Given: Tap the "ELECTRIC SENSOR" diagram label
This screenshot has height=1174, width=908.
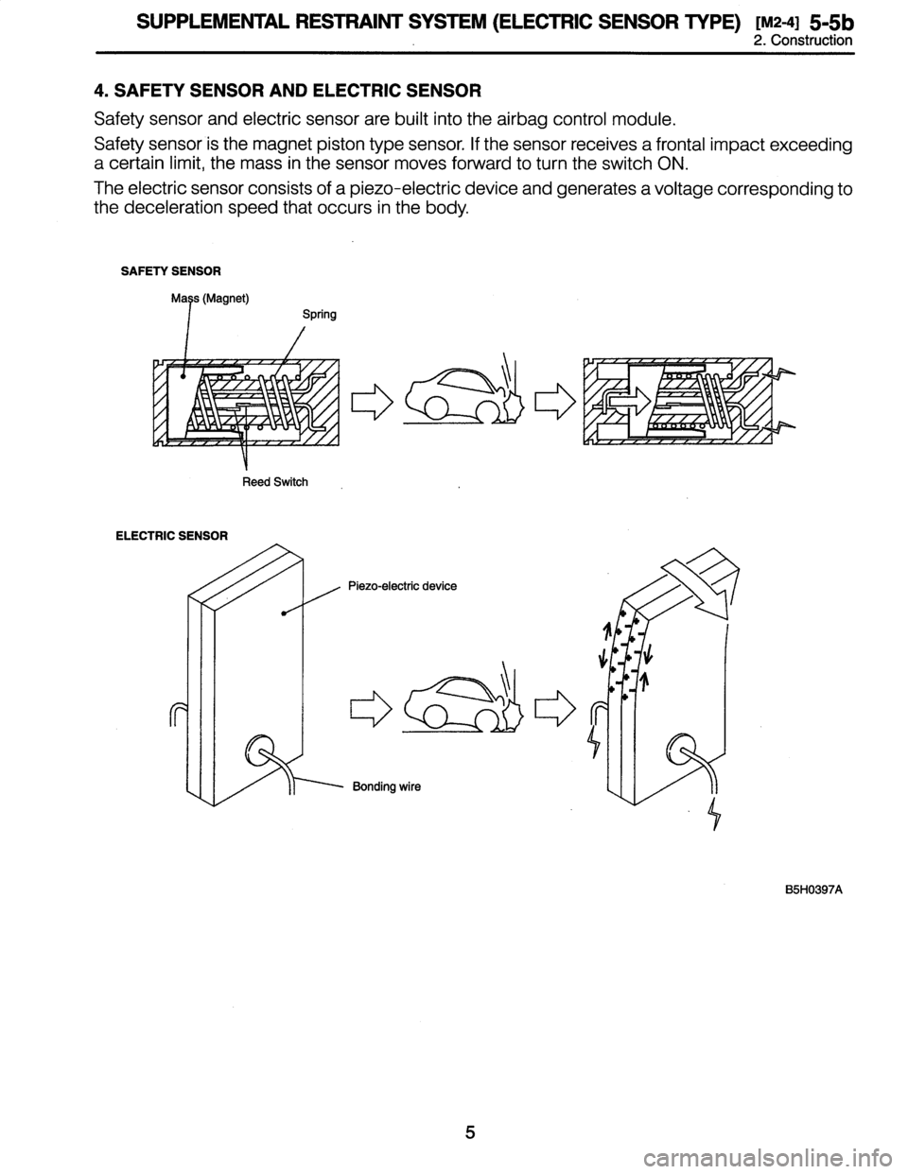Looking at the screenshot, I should [x=171, y=536].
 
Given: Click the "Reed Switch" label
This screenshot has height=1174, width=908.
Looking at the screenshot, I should [x=273, y=482].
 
